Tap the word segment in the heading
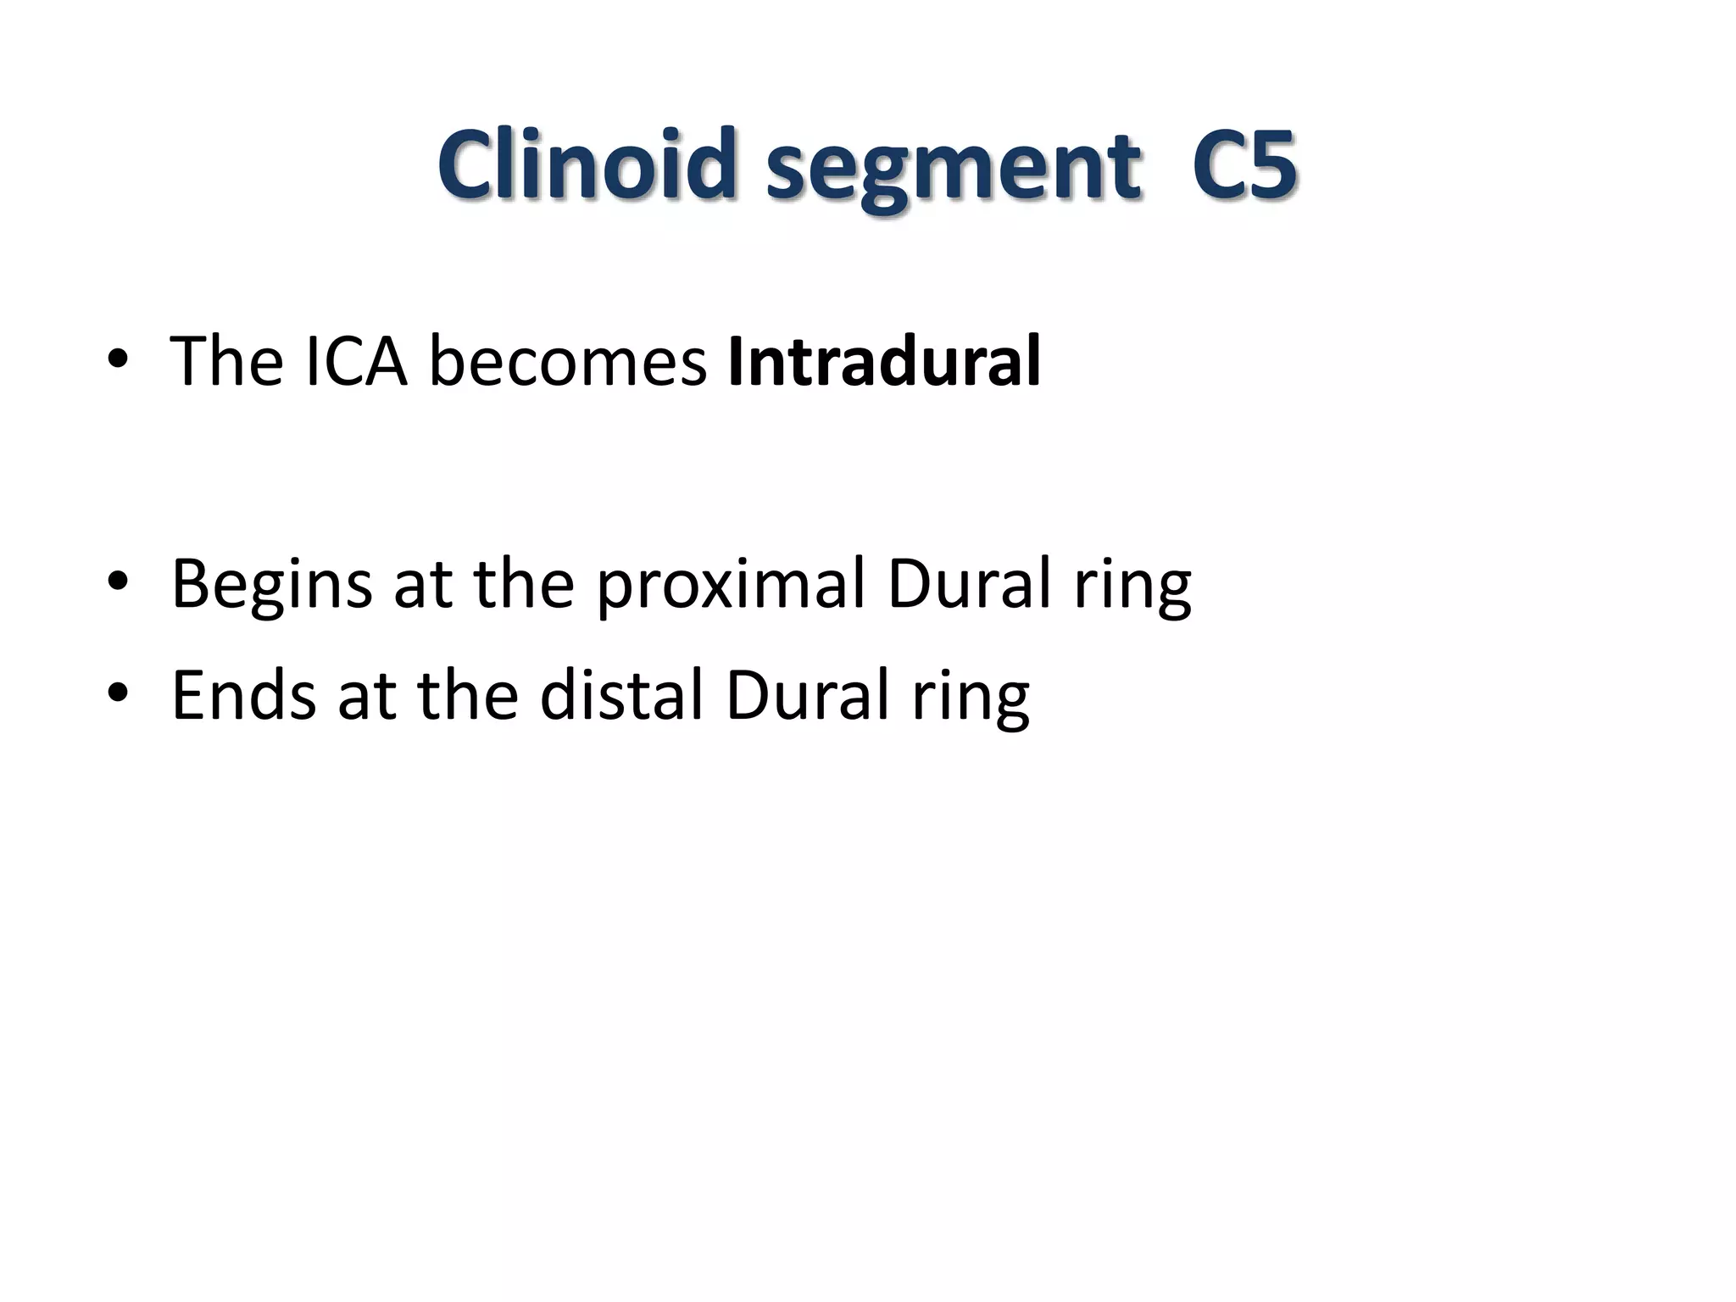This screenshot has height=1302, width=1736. [x=954, y=168]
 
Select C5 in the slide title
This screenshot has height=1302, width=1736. [x=1244, y=164]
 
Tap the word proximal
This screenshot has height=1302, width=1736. [x=731, y=585]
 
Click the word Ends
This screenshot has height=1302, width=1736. [x=244, y=695]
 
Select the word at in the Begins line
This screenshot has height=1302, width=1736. [x=422, y=585]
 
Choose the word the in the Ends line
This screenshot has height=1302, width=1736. [x=468, y=695]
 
